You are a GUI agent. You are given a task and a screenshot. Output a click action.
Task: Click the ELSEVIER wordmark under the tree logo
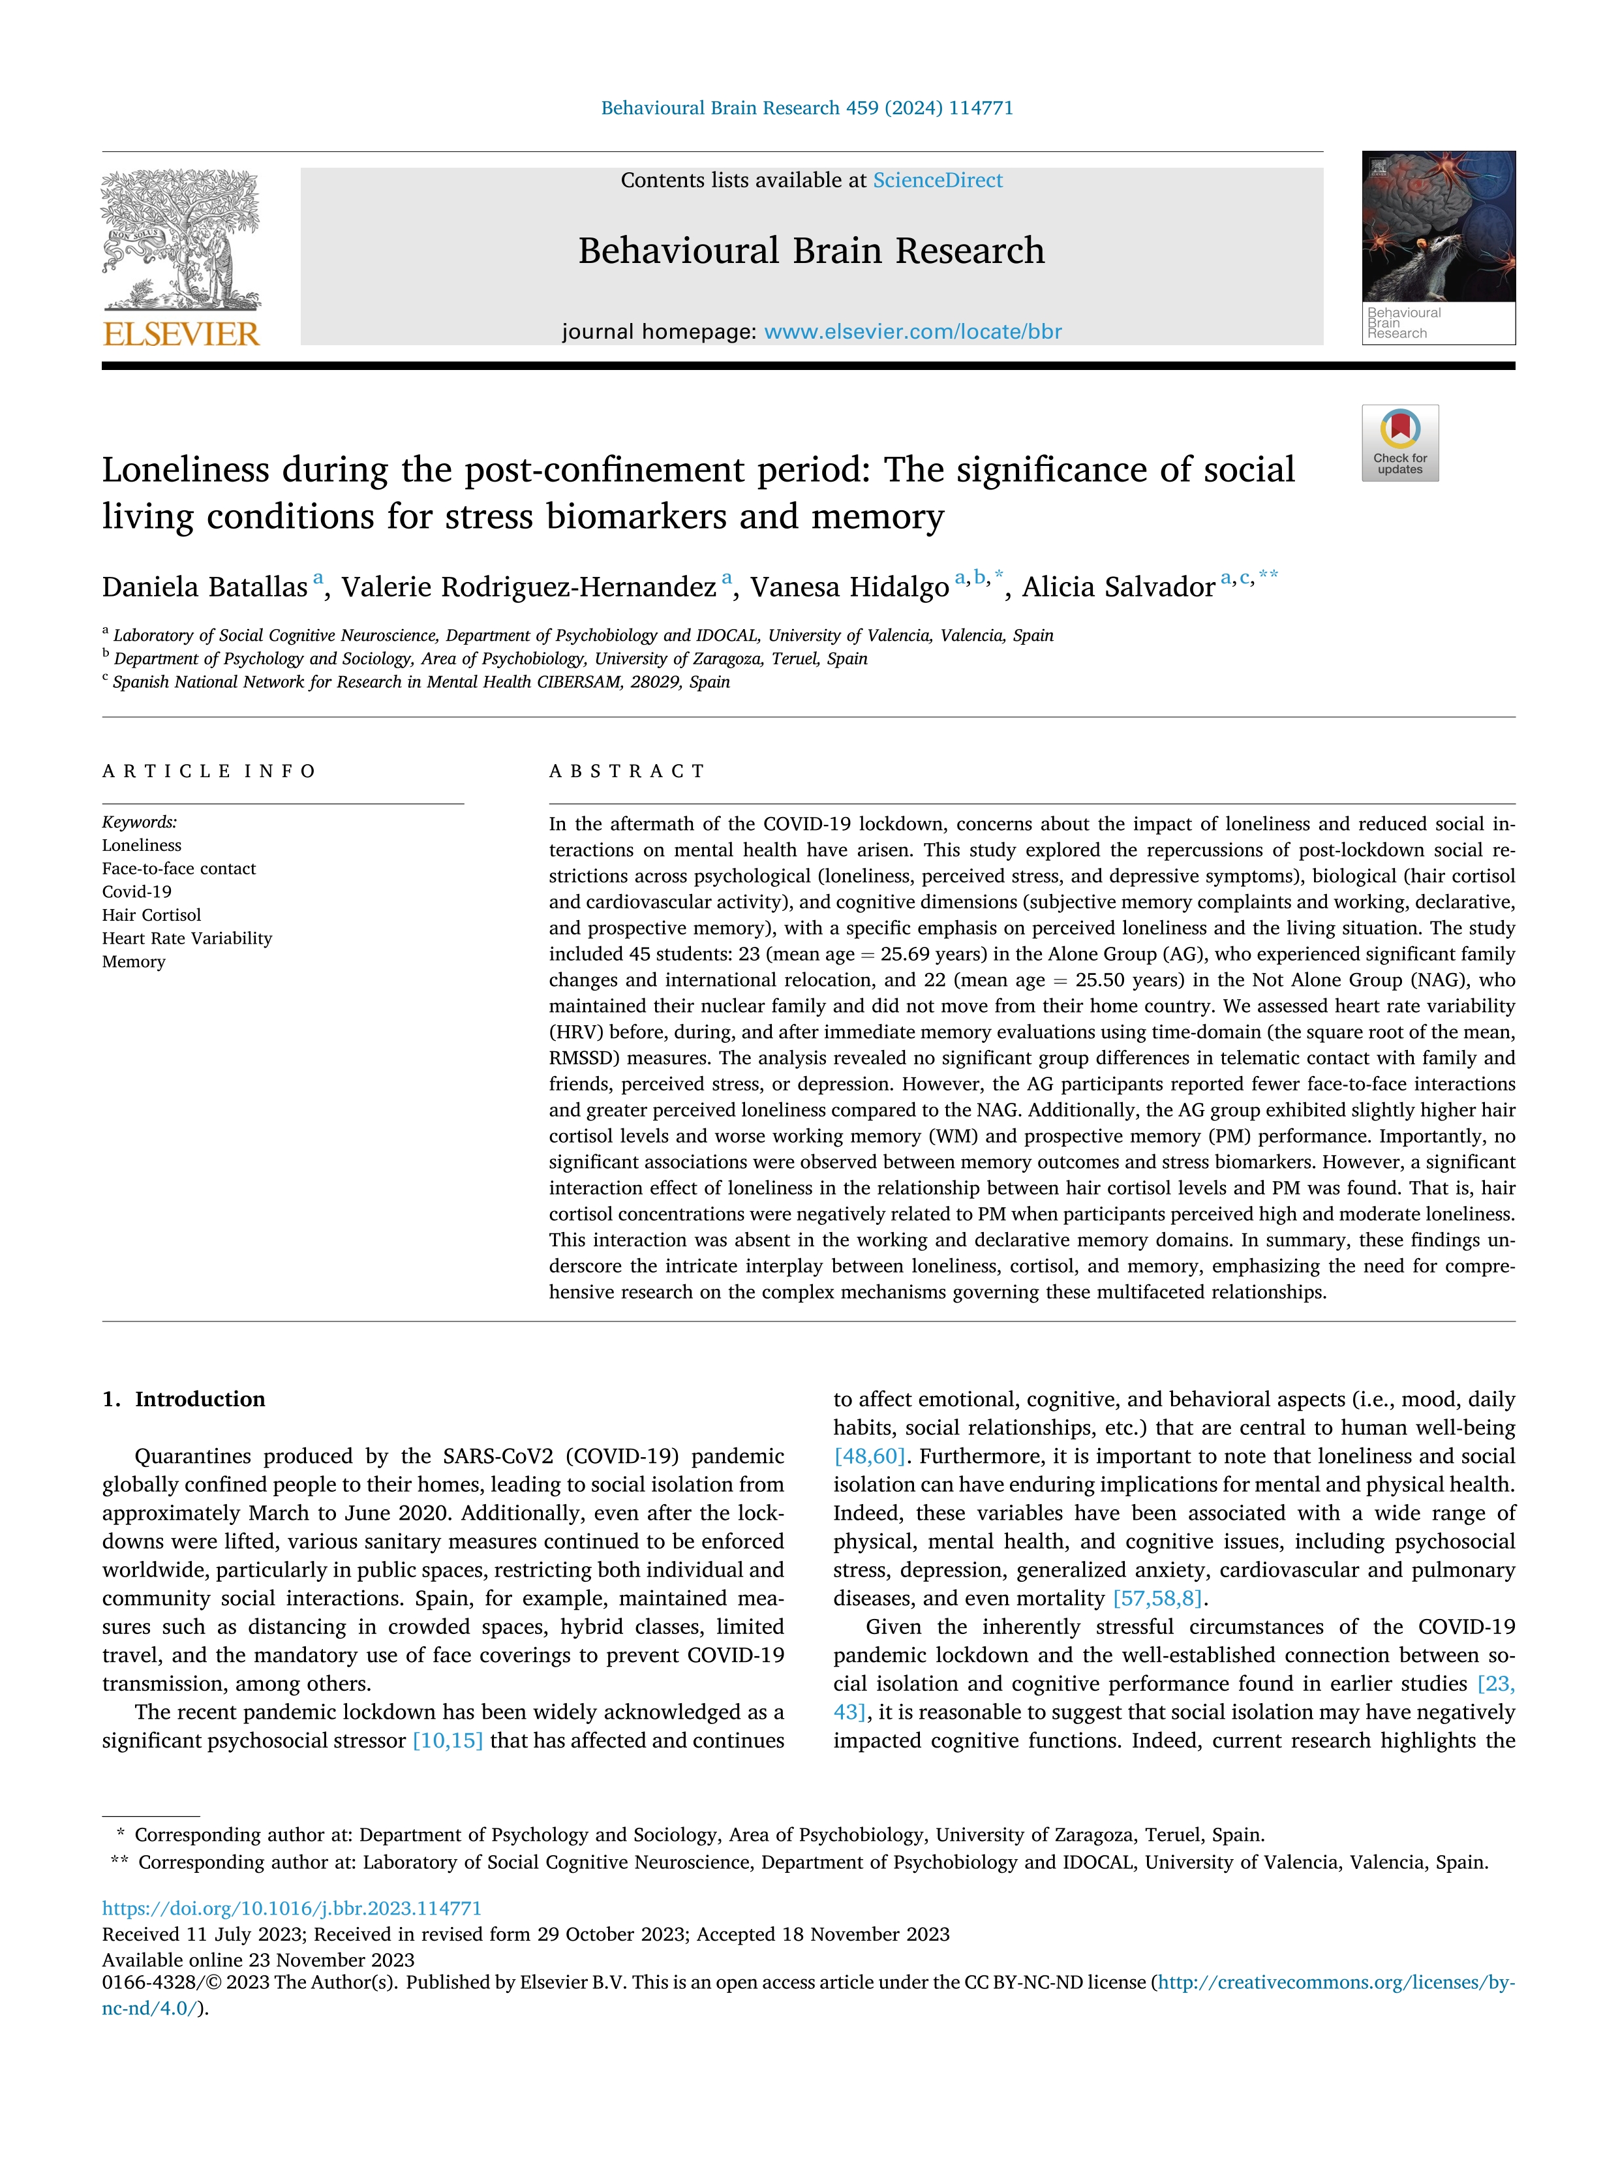(181, 335)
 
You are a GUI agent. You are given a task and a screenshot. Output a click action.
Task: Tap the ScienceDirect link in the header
(938, 181)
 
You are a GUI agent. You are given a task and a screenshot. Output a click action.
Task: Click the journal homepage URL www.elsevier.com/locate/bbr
(913, 331)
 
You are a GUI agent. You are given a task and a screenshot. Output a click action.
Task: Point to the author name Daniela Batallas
(205, 587)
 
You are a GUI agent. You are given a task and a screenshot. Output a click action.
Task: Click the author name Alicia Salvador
(1119, 587)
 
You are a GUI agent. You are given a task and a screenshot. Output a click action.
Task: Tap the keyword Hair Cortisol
(151, 915)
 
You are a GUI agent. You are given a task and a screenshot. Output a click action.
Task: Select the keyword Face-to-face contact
(179, 869)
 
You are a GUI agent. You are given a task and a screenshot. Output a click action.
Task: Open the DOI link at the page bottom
(292, 1908)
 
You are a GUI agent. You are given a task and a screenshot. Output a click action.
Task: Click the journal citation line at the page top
(806, 108)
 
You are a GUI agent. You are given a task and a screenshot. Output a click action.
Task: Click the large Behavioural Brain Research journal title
(810, 251)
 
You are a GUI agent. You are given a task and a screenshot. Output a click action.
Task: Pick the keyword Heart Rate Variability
(187, 938)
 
